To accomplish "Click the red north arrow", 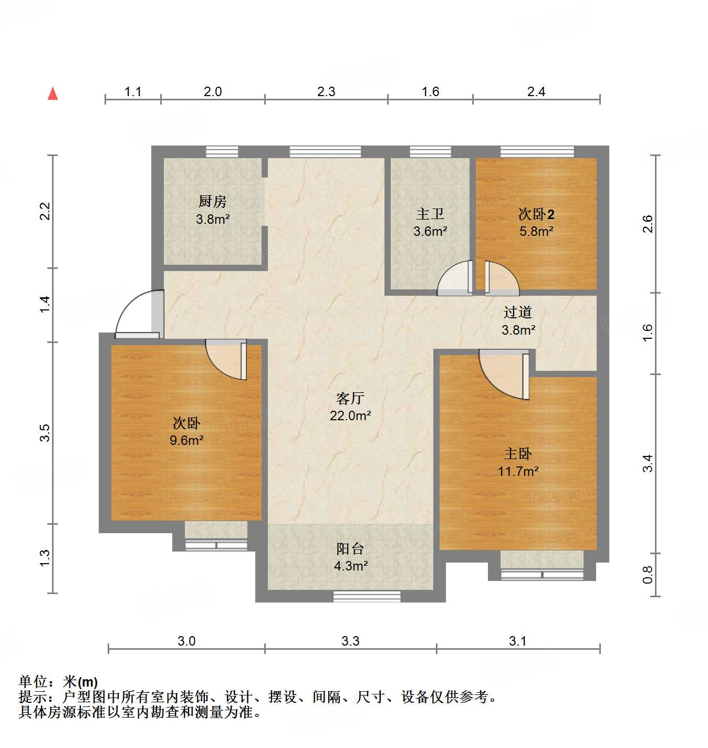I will coord(53,93).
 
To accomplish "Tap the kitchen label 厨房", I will coord(212,201).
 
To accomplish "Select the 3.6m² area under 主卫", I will coord(430,231).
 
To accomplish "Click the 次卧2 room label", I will coord(536,214).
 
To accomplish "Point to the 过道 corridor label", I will coord(518,312).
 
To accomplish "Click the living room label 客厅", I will coord(350,398).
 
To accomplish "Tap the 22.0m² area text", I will coord(350,415).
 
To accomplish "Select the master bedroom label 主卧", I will coord(518,453).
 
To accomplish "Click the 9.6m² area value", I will coord(186,440).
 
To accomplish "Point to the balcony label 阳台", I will coord(350,549).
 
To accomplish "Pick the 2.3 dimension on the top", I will coord(326,92).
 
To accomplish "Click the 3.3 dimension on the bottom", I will coord(350,641).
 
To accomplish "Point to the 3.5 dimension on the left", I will coord(45,432).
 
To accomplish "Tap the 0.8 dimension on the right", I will coord(648,574).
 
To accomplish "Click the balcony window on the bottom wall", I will coord(367,596).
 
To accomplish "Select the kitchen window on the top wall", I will coord(222,152).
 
